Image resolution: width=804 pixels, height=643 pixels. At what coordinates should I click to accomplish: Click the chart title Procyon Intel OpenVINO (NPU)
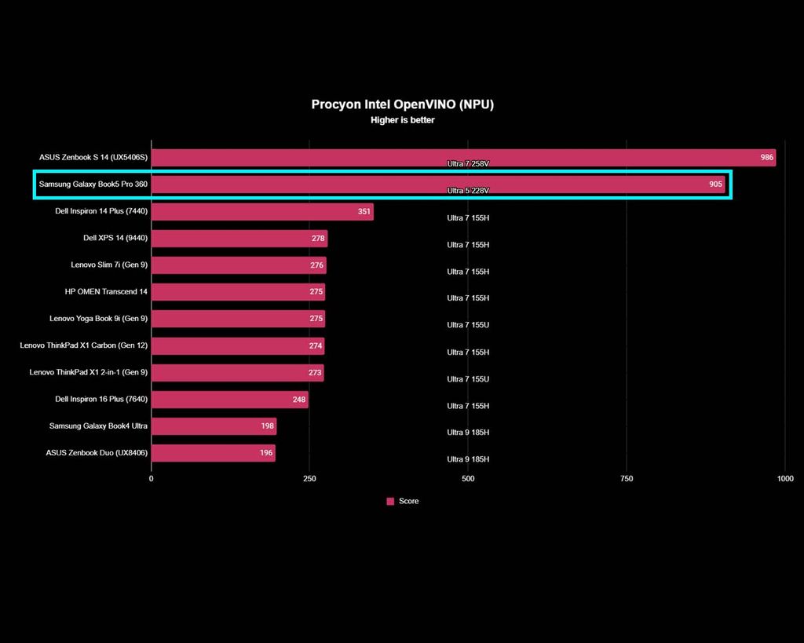[402, 104]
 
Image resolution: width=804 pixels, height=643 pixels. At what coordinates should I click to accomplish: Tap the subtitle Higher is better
[402, 120]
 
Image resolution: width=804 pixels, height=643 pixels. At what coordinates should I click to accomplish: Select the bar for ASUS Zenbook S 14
[463, 157]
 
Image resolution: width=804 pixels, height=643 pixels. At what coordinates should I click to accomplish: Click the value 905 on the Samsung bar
[715, 184]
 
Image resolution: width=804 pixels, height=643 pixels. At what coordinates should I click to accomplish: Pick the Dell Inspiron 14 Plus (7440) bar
[262, 211]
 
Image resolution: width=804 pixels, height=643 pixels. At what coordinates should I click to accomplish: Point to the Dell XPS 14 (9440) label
[115, 238]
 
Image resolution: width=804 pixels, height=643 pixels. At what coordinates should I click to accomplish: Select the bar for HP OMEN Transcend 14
[238, 291]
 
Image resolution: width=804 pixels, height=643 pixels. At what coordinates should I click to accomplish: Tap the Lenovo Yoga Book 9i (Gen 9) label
[98, 319]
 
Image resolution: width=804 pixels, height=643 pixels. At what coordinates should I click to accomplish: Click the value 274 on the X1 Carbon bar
[315, 345]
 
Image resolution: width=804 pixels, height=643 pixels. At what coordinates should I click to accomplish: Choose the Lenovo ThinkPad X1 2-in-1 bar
[237, 372]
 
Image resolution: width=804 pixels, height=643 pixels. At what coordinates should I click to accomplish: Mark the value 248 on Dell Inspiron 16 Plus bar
[299, 400]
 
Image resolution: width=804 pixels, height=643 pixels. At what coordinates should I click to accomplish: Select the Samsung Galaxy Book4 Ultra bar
[214, 426]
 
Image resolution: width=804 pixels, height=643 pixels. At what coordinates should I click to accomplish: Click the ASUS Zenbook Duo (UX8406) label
[97, 453]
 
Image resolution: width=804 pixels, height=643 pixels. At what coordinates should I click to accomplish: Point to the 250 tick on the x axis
[309, 478]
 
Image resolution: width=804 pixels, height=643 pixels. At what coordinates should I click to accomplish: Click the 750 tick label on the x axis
[627, 478]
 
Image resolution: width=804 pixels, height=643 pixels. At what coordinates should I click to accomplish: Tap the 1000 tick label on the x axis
[785, 478]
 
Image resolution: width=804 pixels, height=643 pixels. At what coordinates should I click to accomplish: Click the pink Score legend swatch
[390, 501]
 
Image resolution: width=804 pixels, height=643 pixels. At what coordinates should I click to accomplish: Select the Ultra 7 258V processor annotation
[468, 164]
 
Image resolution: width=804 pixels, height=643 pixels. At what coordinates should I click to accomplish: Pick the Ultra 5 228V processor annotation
[468, 191]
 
